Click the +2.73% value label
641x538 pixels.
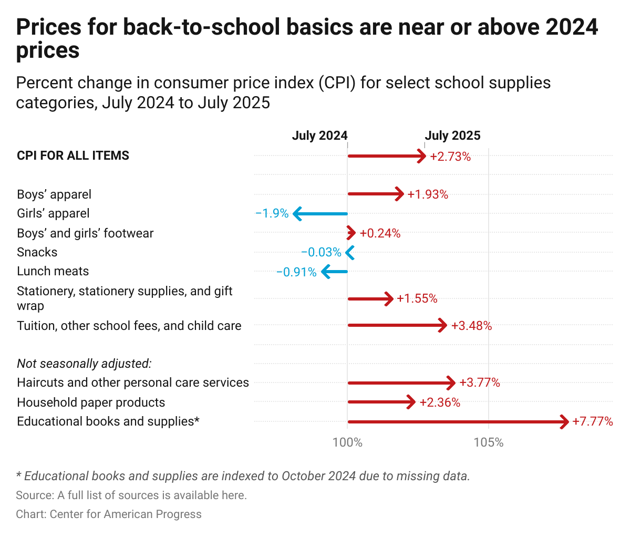coord(450,157)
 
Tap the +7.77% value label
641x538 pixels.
coord(593,421)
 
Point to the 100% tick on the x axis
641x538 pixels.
coord(347,442)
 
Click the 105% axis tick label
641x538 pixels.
coord(489,442)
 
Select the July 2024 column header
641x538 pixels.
coord(319,136)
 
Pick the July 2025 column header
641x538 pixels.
coord(452,136)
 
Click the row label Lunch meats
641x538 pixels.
coord(53,271)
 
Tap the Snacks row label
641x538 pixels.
coord(37,252)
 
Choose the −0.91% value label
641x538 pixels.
coord(296,272)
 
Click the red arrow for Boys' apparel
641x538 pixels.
coord(375,194)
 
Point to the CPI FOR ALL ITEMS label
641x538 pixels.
coord(73,156)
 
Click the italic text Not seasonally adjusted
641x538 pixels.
coord(84,364)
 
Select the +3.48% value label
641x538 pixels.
coord(471,326)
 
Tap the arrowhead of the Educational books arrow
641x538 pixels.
coord(564,421)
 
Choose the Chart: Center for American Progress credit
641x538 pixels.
coord(109,514)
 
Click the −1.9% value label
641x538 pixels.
coord(272,213)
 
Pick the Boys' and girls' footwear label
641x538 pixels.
coord(85,233)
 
